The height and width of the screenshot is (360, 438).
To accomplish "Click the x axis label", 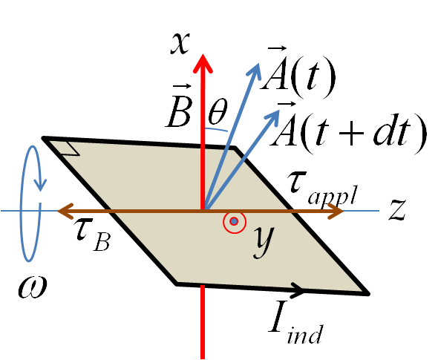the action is pos(180,43).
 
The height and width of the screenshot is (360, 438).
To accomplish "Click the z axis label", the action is pos(397,210).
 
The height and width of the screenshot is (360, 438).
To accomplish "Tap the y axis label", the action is pos(264,240).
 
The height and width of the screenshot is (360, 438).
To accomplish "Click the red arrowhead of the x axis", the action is pos(203,64).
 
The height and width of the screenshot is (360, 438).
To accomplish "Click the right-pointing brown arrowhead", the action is pos(336,211).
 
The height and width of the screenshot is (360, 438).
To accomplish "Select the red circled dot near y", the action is pos(234,221).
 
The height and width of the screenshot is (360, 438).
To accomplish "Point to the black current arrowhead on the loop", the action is pos(298,289).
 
